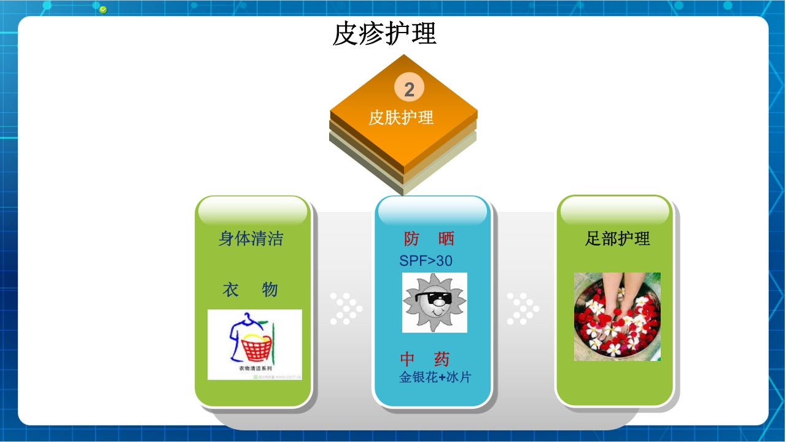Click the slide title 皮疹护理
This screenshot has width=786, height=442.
pos(384,34)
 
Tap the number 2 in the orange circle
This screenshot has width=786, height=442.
pos(409,89)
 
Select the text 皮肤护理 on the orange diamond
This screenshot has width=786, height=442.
pos(401,117)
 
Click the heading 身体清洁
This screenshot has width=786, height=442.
pos(251,238)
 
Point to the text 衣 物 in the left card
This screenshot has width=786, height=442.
pos(250,290)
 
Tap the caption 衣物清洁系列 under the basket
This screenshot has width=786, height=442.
pos(255,368)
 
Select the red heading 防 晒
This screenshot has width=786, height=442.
pos(429,239)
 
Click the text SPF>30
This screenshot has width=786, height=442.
pos(426,261)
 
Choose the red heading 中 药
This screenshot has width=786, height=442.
pos(425,359)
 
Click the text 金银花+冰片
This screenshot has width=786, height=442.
pos(435,378)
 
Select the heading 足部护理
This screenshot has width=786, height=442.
pos(617,239)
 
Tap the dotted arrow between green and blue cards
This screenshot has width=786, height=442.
pos(346,309)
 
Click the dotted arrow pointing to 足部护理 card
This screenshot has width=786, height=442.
pos(523,309)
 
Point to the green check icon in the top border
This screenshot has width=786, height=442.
pos(103,9)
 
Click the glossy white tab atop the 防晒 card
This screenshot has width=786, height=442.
pos(432,211)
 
